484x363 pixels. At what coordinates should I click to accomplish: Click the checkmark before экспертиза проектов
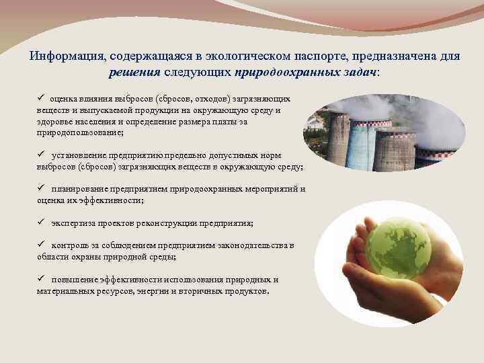pos(41,223)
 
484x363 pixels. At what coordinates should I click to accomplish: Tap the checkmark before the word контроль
pos(41,245)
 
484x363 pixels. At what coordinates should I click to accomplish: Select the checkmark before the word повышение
pos(41,279)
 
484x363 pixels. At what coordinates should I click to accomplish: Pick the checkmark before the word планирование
pos(41,189)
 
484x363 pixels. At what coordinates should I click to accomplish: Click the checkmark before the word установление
pos(41,155)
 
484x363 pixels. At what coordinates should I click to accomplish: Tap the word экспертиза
pos(73,223)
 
